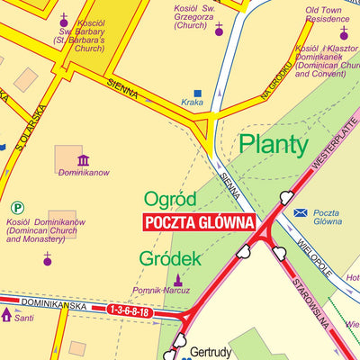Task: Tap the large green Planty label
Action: pos(273,144)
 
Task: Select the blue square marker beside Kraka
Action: pos(198,93)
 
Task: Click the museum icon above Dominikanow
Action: pos(83,160)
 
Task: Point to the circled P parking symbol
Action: pos(17,206)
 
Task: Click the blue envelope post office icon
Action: pos(301,212)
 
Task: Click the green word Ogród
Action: pos(169,199)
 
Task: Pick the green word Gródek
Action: pos(169,259)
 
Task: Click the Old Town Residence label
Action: pos(327,13)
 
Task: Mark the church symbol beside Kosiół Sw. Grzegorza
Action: pos(218,30)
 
